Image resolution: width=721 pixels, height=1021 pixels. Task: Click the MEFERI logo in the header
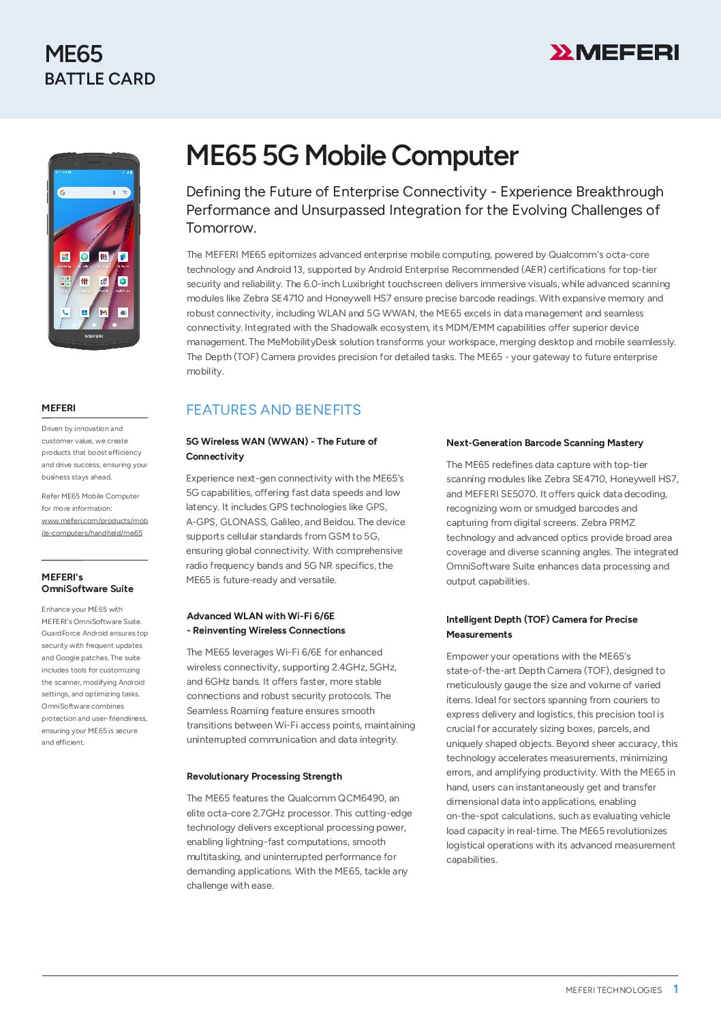[614, 53]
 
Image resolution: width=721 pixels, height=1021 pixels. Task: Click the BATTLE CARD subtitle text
[99, 79]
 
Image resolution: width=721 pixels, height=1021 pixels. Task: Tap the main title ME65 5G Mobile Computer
[352, 156]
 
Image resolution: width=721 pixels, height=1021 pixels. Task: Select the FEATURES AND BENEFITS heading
[273, 410]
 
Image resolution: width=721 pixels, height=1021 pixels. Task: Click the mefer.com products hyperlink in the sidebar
[94, 527]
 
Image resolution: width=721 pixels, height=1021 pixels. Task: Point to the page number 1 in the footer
[675, 989]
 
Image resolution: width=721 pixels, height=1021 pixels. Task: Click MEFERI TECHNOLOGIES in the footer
[613, 990]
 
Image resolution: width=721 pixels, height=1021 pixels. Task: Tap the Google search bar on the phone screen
[93, 193]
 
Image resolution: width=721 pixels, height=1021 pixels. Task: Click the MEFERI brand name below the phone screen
[94, 336]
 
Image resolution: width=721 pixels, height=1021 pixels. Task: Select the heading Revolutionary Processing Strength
[264, 776]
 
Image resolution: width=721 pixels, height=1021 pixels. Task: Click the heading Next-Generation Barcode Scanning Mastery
[544, 443]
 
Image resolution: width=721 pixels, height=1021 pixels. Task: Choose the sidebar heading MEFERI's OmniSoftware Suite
[87, 583]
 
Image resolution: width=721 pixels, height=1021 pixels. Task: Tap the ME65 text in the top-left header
[74, 54]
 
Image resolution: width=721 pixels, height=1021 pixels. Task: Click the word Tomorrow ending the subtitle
[220, 228]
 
